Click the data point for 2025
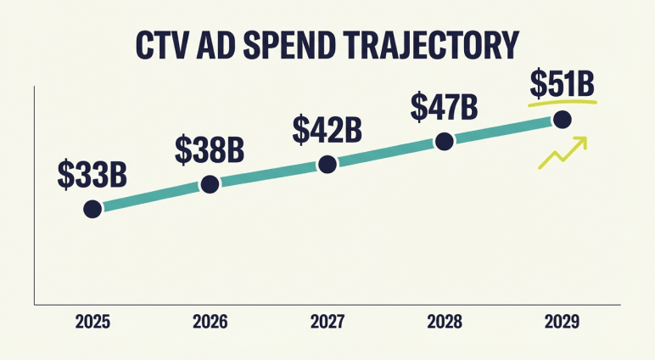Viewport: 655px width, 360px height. pyautogui.click(x=92, y=209)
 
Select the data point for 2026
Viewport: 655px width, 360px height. pyautogui.click(x=210, y=184)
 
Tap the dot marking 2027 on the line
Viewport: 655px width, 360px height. pyautogui.click(x=327, y=165)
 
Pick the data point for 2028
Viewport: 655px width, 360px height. pyautogui.click(x=445, y=142)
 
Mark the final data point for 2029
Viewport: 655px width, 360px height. pyautogui.click(x=562, y=120)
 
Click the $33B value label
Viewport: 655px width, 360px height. pyautogui.click(x=92, y=173)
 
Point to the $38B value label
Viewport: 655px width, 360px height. pyautogui.click(x=210, y=149)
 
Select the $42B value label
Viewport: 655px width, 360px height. pyautogui.click(x=327, y=129)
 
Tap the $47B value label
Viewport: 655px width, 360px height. pyautogui.click(x=444, y=107)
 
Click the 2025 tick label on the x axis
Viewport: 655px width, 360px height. pyautogui.click(x=92, y=323)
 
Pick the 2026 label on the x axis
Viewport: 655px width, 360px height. pyautogui.click(x=210, y=323)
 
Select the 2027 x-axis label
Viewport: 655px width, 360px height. pyautogui.click(x=327, y=323)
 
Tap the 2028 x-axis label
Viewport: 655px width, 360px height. pyautogui.click(x=445, y=323)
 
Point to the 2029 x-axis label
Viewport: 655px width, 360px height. pyautogui.click(x=562, y=323)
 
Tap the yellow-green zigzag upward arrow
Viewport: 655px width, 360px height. pyautogui.click(x=563, y=153)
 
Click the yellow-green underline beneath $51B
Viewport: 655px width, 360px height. pyautogui.click(x=563, y=104)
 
